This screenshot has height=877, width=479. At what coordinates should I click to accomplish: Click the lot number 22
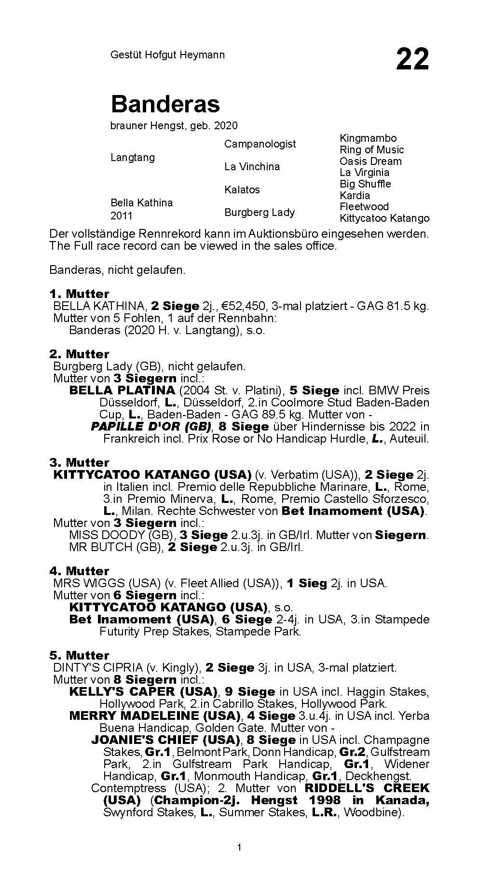(x=412, y=59)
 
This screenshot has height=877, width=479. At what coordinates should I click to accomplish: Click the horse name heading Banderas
(x=165, y=104)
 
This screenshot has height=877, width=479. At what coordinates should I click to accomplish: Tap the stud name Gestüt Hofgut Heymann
(x=167, y=55)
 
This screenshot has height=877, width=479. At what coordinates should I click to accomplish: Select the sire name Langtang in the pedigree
(x=133, y=158)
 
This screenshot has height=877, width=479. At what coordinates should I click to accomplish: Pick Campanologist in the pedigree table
(x=260, y=144)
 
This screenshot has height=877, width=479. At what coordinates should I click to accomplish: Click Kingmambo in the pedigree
(x=368, y=138)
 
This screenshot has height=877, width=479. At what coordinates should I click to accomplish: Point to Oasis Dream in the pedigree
(x=370, y=161)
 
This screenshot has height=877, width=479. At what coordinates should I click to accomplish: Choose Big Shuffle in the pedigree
(x=365, y=184)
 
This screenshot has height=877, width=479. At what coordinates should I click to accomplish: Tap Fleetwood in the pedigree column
(x=364, y=206)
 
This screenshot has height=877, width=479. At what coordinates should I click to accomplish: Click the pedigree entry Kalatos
(x=242, y=189)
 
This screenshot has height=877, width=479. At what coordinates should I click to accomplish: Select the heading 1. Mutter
(x=79, y=294)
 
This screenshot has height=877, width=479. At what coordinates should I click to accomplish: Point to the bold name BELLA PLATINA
(x=122, y=390)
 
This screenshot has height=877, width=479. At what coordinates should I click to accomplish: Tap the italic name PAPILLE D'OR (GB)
(x=151, y=426)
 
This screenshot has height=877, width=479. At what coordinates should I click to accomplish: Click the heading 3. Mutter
(x=79, y=462)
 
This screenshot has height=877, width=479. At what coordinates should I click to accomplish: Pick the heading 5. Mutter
(x=79, y=655)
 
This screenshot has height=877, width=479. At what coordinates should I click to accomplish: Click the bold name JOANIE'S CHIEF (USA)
(x=166, y=740)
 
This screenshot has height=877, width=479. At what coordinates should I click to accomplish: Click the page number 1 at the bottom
(x=239, y=847)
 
